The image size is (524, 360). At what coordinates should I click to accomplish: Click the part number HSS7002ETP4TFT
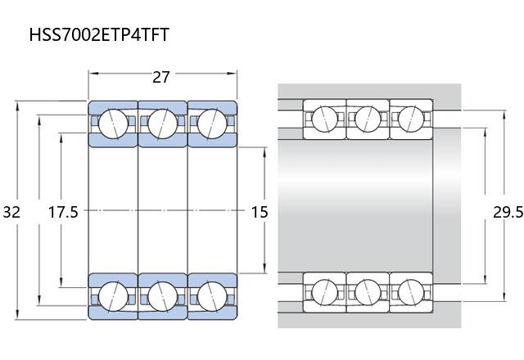click(99, 34)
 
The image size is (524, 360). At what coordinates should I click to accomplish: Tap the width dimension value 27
click(161, 77)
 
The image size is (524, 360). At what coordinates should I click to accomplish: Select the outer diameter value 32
click(11, 212)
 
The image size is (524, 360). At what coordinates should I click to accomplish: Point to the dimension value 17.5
click(63, 212)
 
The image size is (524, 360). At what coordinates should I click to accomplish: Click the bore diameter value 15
click(260, 212)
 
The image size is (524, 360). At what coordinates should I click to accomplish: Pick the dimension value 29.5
click(508, 212)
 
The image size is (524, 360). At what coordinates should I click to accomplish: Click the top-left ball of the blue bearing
click(113, 124)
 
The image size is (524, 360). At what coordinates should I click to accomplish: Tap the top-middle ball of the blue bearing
click(163, 124)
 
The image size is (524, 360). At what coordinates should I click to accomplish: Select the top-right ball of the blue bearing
click(212, 124)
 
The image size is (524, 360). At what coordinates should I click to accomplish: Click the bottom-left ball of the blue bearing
click(113, 296)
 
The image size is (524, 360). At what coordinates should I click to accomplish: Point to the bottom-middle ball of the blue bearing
click(163, 296)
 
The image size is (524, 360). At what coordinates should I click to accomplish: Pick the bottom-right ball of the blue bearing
click(212, 296)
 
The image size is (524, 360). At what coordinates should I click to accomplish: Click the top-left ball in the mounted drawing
click(324, 119)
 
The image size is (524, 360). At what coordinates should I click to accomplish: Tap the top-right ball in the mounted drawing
click(411, 119)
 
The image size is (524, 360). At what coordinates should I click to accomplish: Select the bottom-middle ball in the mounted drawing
click(368, 292)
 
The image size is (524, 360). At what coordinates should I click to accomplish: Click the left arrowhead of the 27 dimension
click(93, 73)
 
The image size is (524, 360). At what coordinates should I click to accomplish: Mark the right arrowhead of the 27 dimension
click(232, 73)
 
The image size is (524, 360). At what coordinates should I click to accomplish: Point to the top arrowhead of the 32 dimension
click(17, 106)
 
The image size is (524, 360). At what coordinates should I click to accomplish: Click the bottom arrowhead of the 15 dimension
click(264, 268)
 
